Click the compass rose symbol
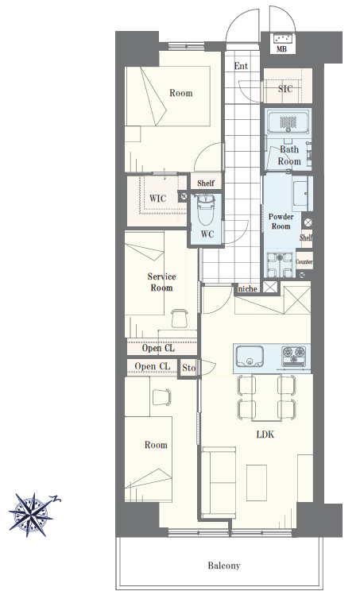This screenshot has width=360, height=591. coord(32,515)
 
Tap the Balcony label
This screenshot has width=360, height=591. coord(224,566)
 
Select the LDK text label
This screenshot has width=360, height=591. coord(265,435)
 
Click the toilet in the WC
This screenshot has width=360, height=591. coord(206,207)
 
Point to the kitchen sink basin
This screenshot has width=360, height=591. coord(250,356)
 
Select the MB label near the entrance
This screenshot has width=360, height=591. coord(281,49)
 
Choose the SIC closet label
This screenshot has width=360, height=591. coord(285,89)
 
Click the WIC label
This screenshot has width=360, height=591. coord(157,199)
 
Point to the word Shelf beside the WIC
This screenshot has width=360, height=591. coord(206,183)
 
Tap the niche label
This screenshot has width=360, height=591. coord(248,289)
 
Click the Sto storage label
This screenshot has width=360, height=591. coord(189,368)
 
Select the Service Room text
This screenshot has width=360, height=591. coord(161,282)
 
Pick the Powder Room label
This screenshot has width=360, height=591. coord(281,222)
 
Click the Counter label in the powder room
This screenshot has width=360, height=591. coord(304,261)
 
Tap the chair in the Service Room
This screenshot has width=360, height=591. coord(180,318)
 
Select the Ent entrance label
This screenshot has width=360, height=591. coord(241,66)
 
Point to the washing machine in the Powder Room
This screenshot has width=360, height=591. coord(280,265)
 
